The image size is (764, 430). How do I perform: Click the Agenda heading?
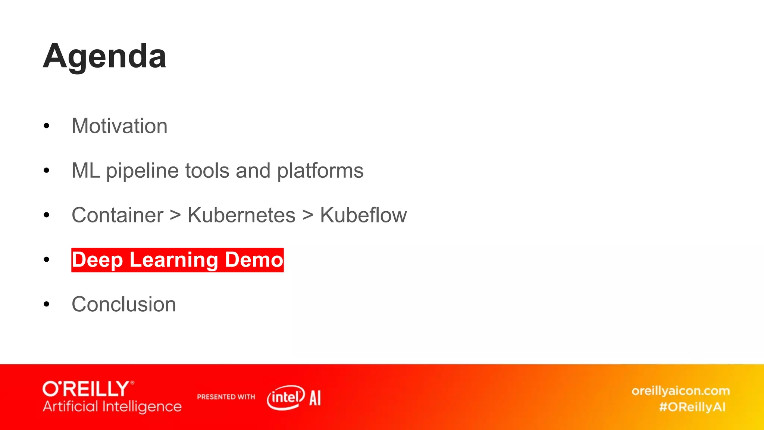coord(104,57)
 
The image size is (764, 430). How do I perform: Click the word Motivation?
coord(119,126)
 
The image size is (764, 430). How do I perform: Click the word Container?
coord(118,215)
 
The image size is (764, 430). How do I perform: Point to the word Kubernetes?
coord(241,215)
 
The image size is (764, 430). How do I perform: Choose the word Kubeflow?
coord(363,215)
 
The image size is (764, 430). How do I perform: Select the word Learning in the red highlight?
coord(173,260)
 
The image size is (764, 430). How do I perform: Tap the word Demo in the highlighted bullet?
coord(254,260)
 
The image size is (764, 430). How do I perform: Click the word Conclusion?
coord(123,304)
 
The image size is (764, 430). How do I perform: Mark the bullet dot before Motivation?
coord(46,126)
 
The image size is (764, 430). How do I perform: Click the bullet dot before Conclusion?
coord(46,305)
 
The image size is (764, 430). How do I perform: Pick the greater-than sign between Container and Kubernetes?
coord(175,216)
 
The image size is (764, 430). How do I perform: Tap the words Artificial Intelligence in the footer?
coord(112,406)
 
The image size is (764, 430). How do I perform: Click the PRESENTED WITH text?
coord(226,397)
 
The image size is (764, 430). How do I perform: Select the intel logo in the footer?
coord(286,397)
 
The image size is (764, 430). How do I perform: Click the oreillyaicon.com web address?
coord(680,391)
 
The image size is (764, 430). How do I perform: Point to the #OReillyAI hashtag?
coord(692,407)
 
